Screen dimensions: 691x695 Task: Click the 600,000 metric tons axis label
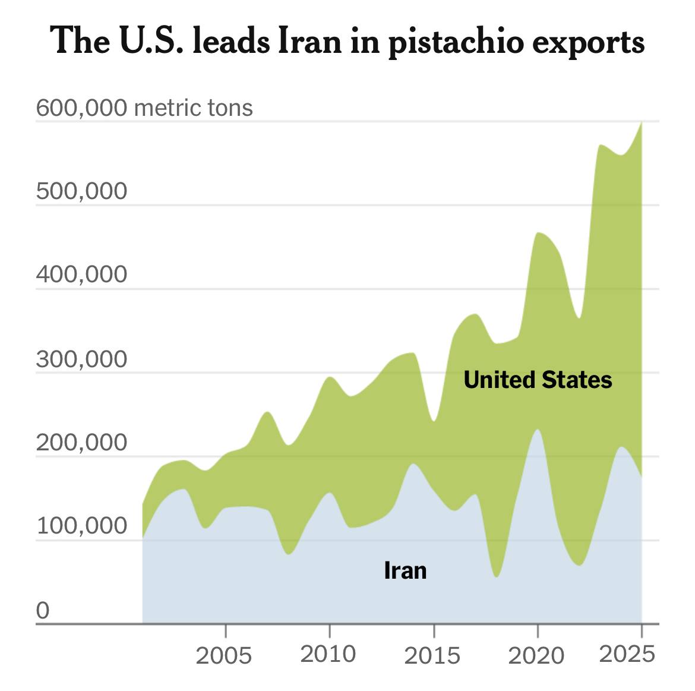144,108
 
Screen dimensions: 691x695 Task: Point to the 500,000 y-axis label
82,191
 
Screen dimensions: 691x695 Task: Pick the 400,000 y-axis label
82,274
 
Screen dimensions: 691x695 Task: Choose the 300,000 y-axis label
82,359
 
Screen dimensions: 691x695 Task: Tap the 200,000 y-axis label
82,443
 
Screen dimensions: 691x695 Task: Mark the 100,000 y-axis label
82,526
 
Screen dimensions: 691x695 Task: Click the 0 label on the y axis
43,610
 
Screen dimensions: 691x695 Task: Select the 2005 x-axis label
225,655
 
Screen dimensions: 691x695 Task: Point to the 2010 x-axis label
328,654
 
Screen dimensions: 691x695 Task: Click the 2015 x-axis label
432,655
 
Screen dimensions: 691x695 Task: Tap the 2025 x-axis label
627,654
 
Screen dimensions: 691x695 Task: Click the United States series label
538,380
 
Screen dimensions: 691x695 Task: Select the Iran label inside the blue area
405,570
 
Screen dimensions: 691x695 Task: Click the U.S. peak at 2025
641,123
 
